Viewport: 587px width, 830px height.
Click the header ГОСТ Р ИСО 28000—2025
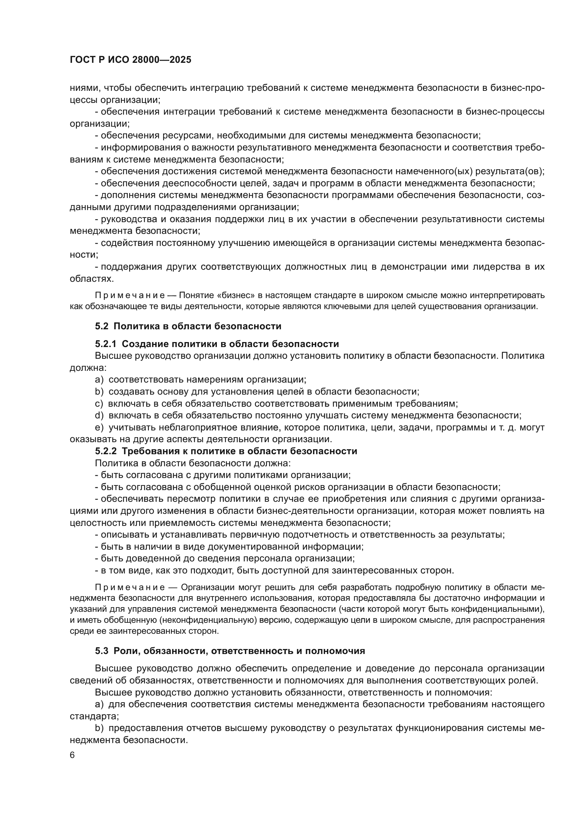click(x=130, y=60)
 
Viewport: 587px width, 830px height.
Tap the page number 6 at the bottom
click(x=72, y=755)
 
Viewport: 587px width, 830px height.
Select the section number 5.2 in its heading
click(x=102, y=326)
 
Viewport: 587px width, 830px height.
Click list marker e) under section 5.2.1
click(x=99, y=428)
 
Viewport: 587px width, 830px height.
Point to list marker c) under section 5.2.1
click(x=99, y=403)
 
